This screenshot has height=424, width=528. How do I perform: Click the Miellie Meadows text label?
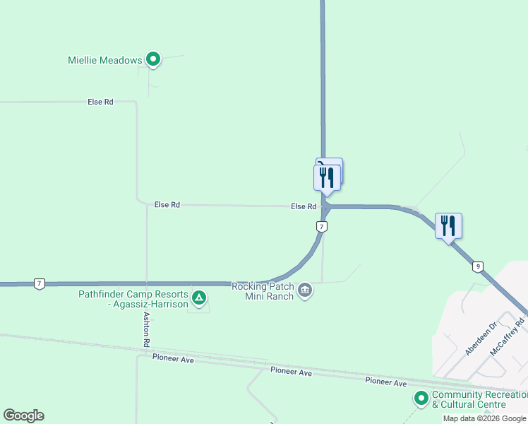104,60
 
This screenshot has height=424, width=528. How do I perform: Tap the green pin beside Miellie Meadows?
152,59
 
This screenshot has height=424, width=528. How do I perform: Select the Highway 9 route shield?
478,266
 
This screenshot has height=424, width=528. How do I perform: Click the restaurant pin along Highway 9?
448,226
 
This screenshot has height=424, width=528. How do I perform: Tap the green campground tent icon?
200,298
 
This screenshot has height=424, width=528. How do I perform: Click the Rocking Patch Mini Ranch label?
263,291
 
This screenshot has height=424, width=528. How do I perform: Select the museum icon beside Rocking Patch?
305,290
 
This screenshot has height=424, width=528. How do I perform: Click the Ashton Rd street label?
147,329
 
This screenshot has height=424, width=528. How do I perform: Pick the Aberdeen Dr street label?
481,339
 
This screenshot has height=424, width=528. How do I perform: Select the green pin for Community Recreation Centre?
421,399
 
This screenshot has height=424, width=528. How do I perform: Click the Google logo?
23,416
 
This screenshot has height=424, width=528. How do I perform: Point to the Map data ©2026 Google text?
484,418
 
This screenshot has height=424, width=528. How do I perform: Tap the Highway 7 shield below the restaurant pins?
321,226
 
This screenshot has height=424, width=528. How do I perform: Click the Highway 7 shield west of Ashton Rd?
39,283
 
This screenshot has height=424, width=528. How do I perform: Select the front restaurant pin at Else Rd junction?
327,177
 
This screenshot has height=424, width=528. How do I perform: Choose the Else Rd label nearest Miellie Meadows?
100,102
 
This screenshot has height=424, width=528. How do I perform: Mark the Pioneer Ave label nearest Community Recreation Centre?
385,382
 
